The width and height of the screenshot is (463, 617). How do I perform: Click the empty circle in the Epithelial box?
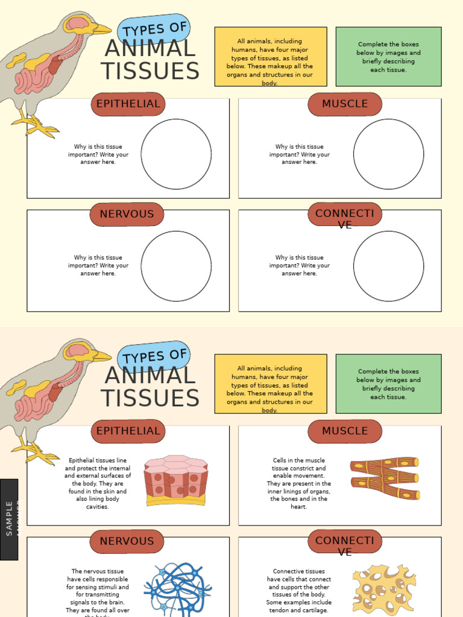point(176,154)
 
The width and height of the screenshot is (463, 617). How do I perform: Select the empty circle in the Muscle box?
point(388,154)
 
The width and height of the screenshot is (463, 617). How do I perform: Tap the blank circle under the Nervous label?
point(176,266)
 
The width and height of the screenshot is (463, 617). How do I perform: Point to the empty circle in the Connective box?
point(388,266)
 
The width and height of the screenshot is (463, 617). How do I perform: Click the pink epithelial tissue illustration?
point(175,480)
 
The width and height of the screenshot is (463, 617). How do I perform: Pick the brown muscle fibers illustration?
point(385,478)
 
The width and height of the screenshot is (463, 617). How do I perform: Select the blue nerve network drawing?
point(177,589)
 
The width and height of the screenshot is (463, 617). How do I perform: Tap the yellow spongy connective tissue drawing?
point(383,589)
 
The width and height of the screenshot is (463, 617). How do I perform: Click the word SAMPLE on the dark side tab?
point(9,518)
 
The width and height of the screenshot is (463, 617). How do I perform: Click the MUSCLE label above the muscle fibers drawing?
point(345,431)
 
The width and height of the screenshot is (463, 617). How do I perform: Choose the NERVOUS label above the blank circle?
point(127,214)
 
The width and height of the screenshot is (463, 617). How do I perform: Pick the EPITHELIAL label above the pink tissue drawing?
point(128,431)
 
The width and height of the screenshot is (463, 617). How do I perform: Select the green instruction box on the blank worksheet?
point(388,57)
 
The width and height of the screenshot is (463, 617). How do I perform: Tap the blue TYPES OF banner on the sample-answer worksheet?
point(154,356)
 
